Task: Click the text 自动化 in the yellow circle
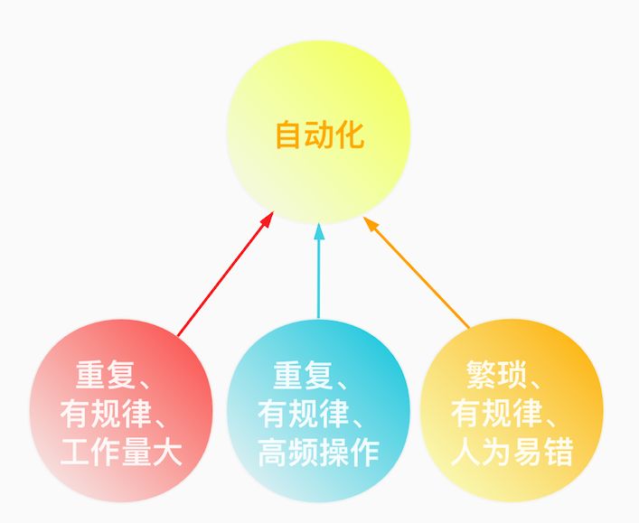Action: tap(319, 135)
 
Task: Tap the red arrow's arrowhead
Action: tap(267, 220)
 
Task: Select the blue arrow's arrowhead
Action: tap(318, 230)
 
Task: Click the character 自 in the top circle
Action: tap(289, 135)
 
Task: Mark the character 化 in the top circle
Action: tap(350, 135)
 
